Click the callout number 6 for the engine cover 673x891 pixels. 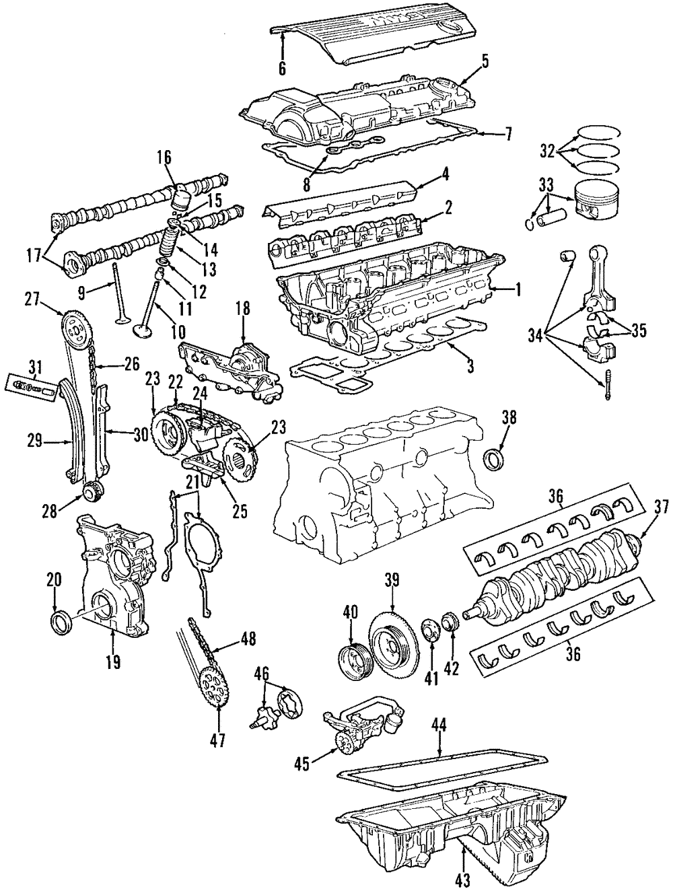point(282,67)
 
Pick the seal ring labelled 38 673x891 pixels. point(496,458)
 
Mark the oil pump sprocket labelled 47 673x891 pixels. point(213,699)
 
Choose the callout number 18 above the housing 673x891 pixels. point(242,309)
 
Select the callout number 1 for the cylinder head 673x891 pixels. point(518,290)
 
